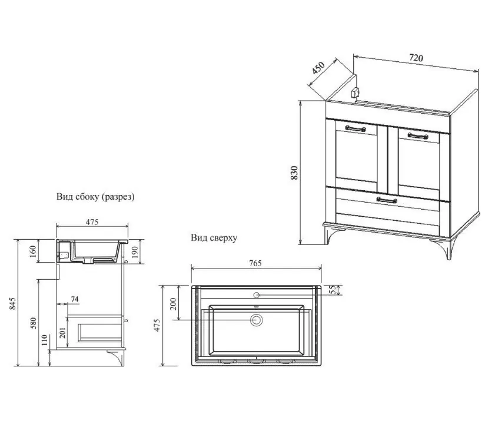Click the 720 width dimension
point(416,58)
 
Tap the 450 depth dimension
point(318,69)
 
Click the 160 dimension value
point(32,250)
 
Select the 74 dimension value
point(75,299)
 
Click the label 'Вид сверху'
point(214,239)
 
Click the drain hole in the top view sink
point(256,320)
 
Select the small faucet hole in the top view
point(256,293)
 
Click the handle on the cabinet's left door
point(355,127)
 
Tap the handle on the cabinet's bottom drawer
point(386,201)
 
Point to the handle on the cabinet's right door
point(417,135)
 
